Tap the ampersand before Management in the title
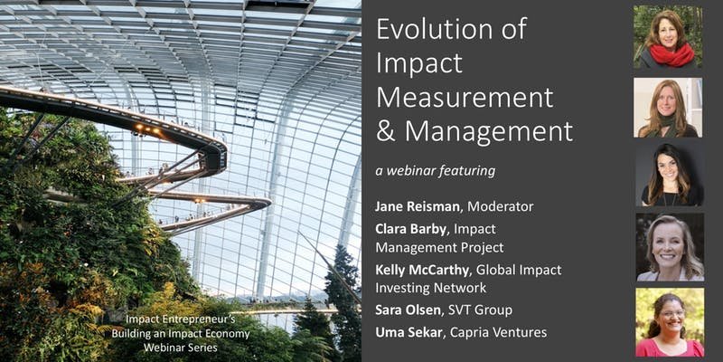point(386,131)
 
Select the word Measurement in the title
point(465,98)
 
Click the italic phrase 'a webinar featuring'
point(436,171)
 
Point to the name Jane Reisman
point(418,206)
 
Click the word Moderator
point(501,206)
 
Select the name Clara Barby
point(411,229)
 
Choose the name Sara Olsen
point(408,310)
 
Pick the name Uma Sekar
point(408,332)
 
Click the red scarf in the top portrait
point(671,54)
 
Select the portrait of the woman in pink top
point(670,322)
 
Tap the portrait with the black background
point(670,175)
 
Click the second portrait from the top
point(668,108)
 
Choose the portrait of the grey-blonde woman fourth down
point(670,247)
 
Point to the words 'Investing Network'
point(431,288)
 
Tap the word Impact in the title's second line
point(419,64)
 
